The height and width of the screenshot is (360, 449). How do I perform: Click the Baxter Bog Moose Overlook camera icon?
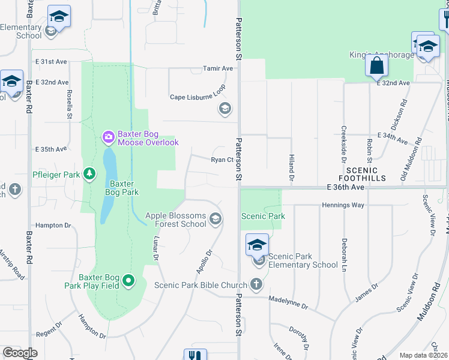(108, 137)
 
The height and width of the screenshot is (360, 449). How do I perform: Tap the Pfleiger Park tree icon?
(89, 174)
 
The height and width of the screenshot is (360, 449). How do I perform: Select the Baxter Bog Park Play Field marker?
(128, 280)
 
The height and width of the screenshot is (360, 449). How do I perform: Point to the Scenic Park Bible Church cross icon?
(256, 284)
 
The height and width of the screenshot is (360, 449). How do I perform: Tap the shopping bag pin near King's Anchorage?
(377, 65)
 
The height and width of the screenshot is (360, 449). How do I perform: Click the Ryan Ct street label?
(221, 160)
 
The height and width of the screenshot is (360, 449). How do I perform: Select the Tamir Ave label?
(218, 68)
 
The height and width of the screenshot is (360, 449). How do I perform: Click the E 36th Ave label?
(346, 188)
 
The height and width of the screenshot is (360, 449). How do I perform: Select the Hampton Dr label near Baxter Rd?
(53, 226)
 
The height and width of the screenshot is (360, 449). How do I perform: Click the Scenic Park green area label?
(263, 216)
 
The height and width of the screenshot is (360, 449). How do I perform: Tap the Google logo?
(20, 353)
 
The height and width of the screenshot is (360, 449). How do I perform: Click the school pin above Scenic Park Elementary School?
(257, 245)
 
